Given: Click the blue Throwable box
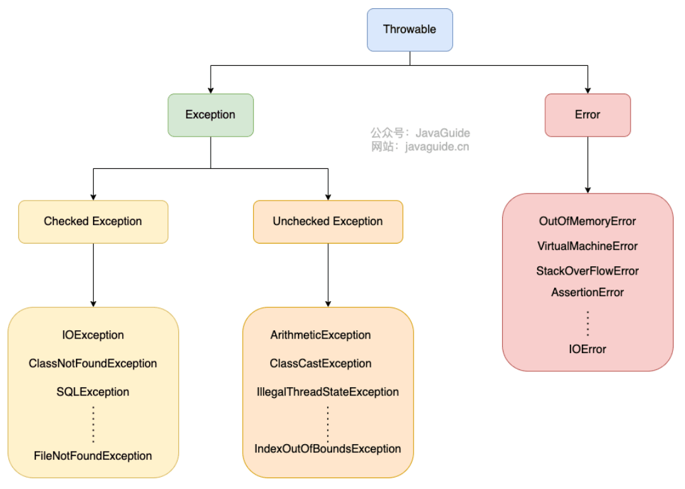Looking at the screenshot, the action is pos(410,30).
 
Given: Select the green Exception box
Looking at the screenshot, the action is pos(211,115).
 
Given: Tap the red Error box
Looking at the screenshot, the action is pos(588,115).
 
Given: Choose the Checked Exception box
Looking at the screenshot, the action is pos(93,221).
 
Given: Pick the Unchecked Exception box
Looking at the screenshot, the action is pos(328,221).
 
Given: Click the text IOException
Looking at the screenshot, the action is pos(93,335).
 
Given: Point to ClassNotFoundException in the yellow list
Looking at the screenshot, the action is pos(93,364).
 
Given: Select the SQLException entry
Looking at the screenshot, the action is pos(93,392).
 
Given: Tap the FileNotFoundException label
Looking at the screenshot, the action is pos(93,455).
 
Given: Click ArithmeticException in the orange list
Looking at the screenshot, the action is pos(321,335).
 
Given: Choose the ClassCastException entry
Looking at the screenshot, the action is pos(321,364).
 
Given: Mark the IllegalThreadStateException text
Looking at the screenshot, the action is pos(328,392).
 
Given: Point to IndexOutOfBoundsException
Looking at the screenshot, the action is pos(328,449).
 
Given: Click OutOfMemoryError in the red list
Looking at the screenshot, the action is pos(588,221).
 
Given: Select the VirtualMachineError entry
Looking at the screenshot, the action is pos(588,246).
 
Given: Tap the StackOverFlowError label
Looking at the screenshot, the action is pos(588,271).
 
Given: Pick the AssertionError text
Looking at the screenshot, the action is pos(588,292).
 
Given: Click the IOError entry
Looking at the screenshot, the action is pos(588,349).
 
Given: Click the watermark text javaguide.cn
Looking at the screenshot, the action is pos(437,147).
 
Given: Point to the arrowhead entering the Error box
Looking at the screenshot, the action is pos(588,90).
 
